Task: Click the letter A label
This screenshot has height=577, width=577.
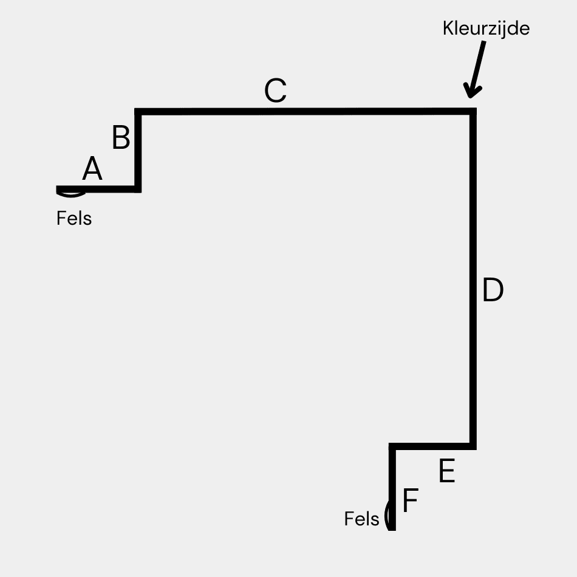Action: click(92, 169)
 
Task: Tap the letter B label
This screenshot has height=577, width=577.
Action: click(121, 138)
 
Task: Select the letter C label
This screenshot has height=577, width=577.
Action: click(275, 92)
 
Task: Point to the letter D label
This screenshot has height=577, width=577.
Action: click(493, 291)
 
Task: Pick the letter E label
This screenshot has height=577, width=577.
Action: click(446, 471)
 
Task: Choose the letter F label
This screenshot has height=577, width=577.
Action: click(411, 502)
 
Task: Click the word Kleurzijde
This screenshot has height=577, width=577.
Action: click(486, 29)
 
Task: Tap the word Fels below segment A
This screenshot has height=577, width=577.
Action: click(74, 218)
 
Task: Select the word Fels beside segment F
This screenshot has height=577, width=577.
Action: click(361, 519)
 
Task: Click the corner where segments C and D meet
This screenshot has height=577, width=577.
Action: click(473, 111)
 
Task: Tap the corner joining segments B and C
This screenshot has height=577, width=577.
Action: click(138, 111)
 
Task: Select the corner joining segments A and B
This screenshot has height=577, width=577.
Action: click(138, 189)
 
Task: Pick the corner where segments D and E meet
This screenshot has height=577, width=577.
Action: click(473, 446)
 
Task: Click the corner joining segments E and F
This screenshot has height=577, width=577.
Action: click(392, 446)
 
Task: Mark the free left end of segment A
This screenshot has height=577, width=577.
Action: click(58, 189)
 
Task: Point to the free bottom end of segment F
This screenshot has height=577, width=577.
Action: click(392, 528)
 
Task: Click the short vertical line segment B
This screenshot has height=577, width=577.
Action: click(138, 150)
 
